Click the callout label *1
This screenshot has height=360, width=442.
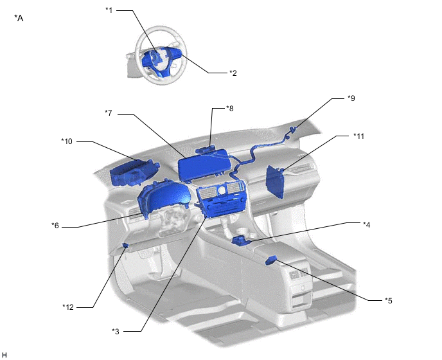[x=109, y=10]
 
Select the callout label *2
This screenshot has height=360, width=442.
[x=233, y=73]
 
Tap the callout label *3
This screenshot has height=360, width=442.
[x=116, y=332]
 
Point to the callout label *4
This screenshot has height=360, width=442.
[x=366, y=224]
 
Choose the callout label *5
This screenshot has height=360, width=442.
[x=389, y=301]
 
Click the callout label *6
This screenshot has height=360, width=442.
[x=55, y=226]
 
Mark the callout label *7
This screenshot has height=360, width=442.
[x=109, y=113]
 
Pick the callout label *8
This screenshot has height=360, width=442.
[x=230, y=109]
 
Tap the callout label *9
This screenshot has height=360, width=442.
[x=351, y=98]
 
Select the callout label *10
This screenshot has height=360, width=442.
[x=67, y=141]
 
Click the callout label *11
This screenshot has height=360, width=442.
[x=359, y=136]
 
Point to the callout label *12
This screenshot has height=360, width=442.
[x=68, y=307]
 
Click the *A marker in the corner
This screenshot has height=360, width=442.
[x=19, y=19]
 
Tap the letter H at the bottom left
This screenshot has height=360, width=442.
[x=4, y=355]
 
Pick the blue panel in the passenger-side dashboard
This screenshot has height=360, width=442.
[x=275, y=181]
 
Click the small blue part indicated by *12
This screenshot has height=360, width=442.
[x=126, y=245]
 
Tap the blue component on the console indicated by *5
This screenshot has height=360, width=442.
[x=271, y=260]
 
